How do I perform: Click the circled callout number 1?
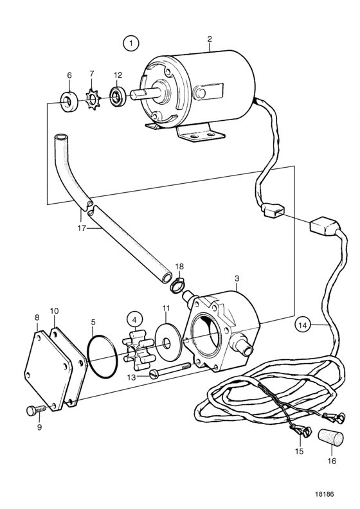coord(131,43)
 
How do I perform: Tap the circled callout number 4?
coord(135,319)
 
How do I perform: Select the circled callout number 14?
coord(303,325)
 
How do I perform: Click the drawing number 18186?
coord(324,494)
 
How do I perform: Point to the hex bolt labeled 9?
coord(36,410)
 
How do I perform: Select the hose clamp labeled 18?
coord(176,285)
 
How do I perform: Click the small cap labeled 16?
coord(330,437)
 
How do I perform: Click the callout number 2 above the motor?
coord(210,39)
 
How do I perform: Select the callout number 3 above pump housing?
coord(237,278)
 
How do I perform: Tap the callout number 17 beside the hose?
coord(82,228)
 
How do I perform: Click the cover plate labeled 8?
coord(48,370)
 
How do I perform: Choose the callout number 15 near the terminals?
coord(299,451)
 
